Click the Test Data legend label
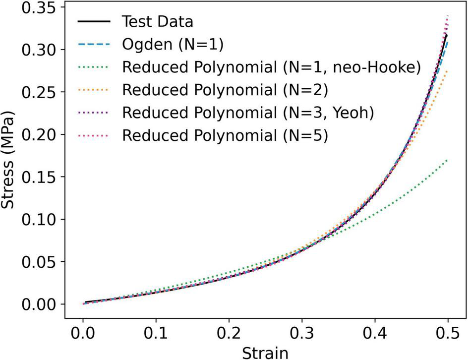click(x=157, y=22)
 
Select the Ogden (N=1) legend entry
click(x=173, y=45)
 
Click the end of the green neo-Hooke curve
click(x=447, y=160)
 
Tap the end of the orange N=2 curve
click(x=447, y=71)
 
